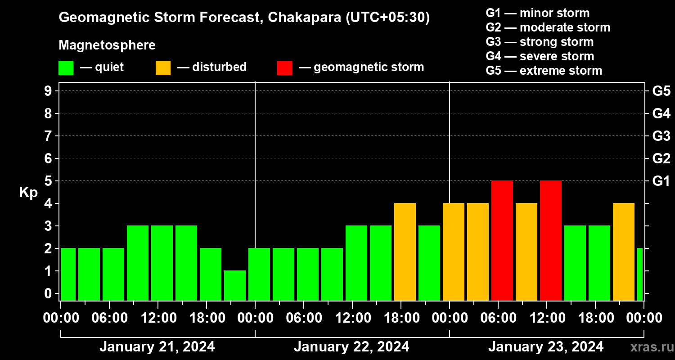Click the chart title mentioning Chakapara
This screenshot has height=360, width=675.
(x=244, y=18)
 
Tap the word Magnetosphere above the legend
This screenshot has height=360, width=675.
(x=107, y=45)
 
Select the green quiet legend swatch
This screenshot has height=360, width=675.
(x=66, y=67)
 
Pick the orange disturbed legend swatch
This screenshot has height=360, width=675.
(x=163, y=67)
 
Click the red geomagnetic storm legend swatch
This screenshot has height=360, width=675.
(x=284, y=67)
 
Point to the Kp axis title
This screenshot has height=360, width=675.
(x=28, y=193)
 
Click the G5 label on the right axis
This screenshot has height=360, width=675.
(x=661, y=91)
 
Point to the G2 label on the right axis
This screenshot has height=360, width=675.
(x=661, y=158)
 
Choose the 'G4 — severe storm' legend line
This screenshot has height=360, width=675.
(x=540, y=56)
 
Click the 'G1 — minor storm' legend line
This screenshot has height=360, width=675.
(x=537, y=13)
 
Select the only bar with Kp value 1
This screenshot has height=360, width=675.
(x=235, y=285)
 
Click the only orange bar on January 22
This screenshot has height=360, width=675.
(x=405, y=252)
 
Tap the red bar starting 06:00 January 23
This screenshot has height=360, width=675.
(x=502, y=241)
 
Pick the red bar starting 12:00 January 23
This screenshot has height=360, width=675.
(x=551, y=241)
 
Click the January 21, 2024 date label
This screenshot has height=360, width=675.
(x=157, y=347)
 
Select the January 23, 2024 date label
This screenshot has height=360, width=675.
(x=546, y=347)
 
